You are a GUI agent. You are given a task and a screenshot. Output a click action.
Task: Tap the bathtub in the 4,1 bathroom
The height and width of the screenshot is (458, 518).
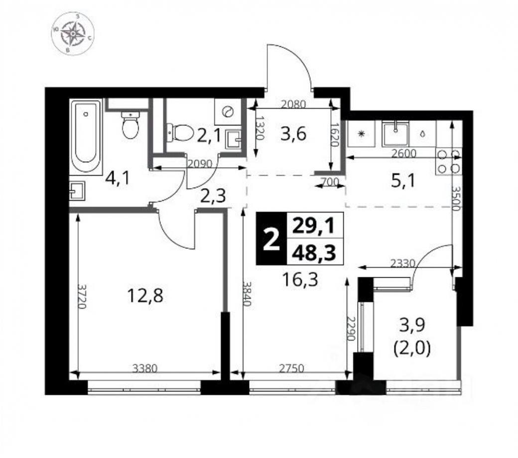coord(86,135)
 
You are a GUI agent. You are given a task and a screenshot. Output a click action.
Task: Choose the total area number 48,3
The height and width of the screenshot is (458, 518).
coord(313,253)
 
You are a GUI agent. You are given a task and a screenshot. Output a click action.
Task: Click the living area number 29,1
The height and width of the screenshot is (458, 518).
coord(313,227)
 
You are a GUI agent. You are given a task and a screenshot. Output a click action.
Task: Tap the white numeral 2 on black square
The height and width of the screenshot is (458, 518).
coord(270,240)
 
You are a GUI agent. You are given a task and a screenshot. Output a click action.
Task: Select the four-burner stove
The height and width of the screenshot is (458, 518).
coord(448,161)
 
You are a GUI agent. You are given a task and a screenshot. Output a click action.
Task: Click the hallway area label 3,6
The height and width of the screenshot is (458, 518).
coord(292,134)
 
